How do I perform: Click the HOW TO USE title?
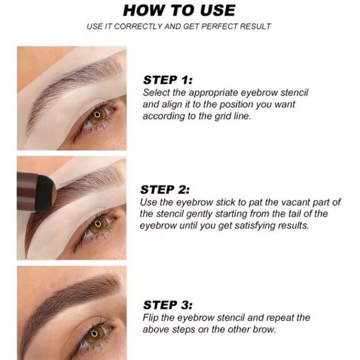[x=179, y=11]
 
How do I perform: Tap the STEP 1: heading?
[x=168, y=79]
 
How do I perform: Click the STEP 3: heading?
[x=168, y=305]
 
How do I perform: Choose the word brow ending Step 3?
[x=267, y=329]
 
